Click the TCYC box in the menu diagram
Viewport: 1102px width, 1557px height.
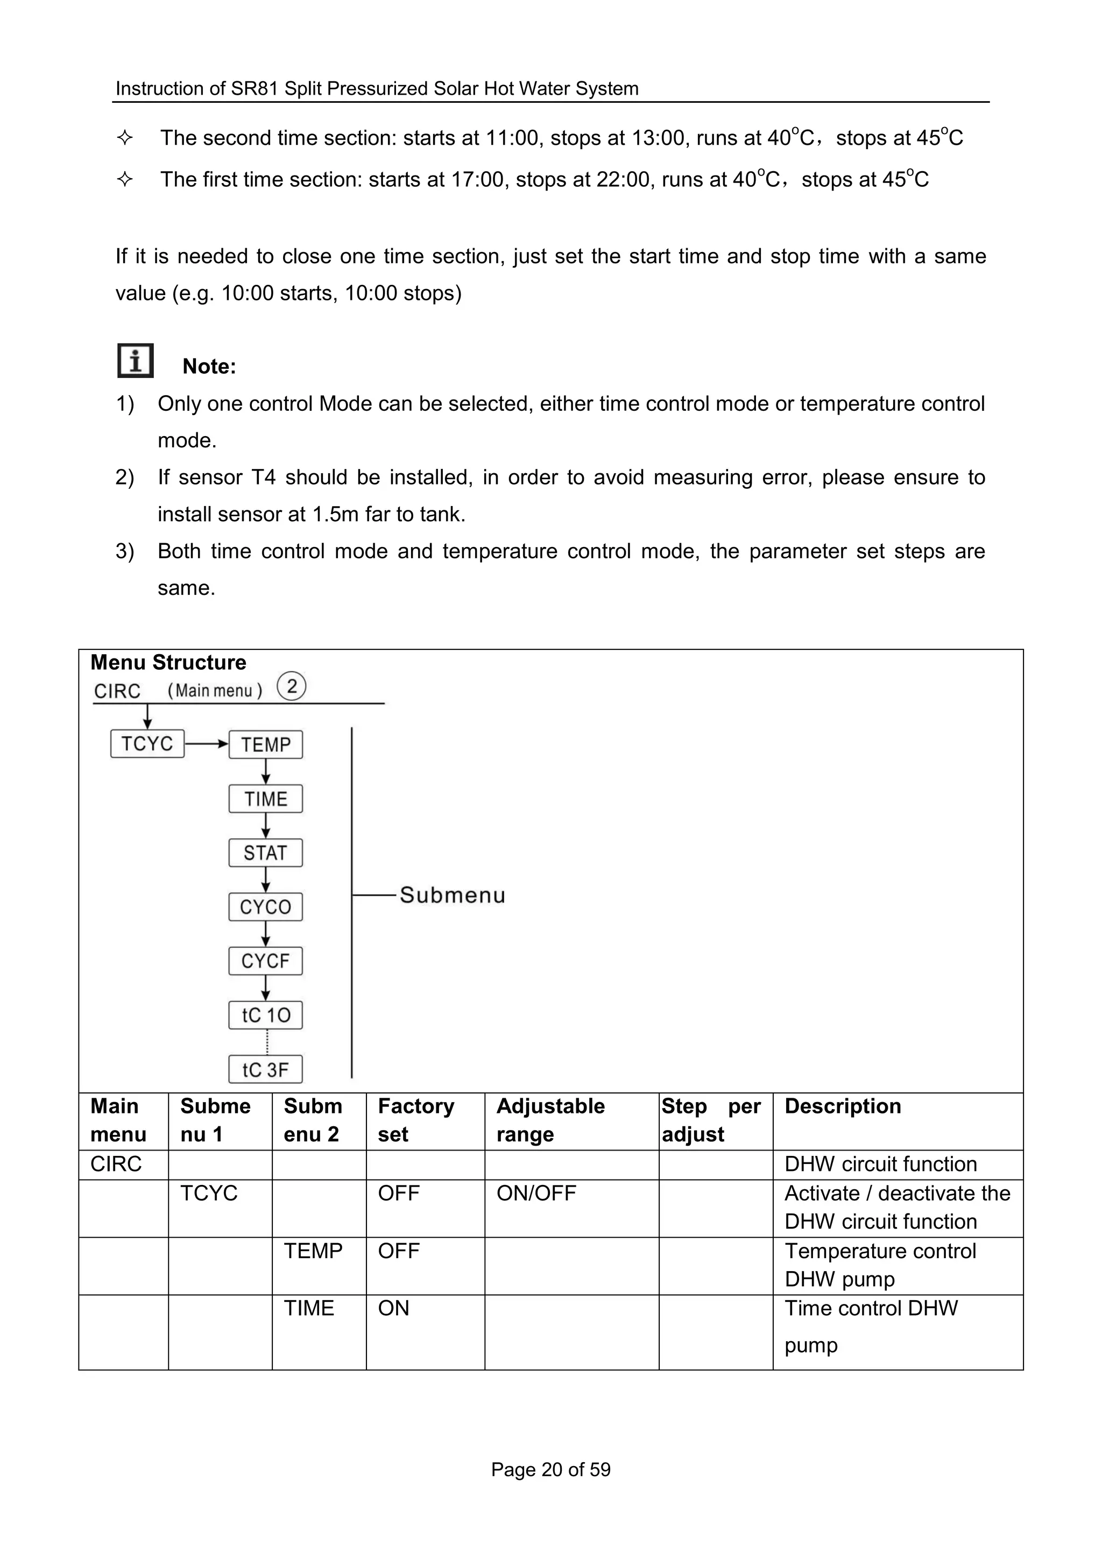pyautogui.click(x=147, y=744)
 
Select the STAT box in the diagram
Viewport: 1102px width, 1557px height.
pyautogui.click(x=265, y=853)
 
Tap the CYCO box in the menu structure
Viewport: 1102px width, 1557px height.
pyautogui.click(x=265, y=907)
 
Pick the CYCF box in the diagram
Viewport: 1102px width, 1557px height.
pyautogui.click(x=265, y=962)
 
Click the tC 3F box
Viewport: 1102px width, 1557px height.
pyautogui.click(x=265, y=1070)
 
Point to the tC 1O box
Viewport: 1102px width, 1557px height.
pyautogui.click(x=265, y=1016)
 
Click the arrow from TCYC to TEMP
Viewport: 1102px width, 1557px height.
pyautogui.click(x=206, y=744)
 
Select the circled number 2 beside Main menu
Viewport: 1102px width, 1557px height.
pyautogui.click(x=292, y=686)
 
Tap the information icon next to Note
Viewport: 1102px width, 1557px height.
pyautogui.click(x=135, y=361)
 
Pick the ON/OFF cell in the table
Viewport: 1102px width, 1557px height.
pyautogui.click(x=536, y=1193)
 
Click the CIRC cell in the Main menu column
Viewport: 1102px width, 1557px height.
pyautogui.click(x=116, y=1164)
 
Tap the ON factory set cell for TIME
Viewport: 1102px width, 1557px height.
pyautogui.click(x=393, y=1308)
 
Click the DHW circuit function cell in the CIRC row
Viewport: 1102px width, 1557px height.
pyautogui.click(x=880, y=1164)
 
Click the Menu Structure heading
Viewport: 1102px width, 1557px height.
pyautogui.click(x=168, y=662)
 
